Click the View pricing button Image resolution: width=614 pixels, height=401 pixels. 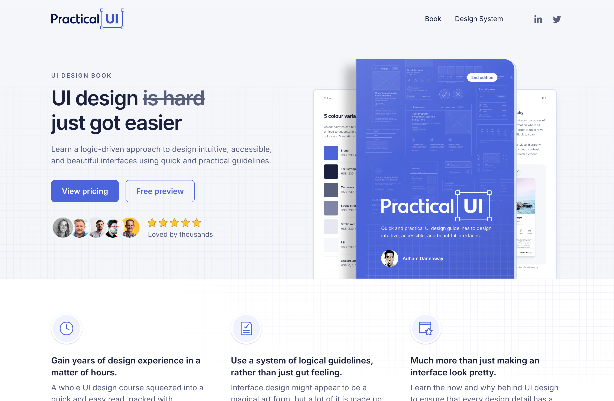(x=85, y=191)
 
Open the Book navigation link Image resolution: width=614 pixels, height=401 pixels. (x=433, y=19)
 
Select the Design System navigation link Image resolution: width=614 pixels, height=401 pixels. (x=479, y=19)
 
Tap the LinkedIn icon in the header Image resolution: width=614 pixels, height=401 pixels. (x=538, y=19)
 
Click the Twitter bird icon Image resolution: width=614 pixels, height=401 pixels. (x=557, y=19)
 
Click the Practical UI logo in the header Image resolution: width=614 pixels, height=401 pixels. (x=87, y=19)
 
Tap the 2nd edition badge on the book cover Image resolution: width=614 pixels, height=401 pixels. (x=482, y=77)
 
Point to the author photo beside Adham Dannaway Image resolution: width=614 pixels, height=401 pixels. (x=390, y=258)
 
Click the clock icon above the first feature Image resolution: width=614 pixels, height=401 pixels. (x=67, y=328)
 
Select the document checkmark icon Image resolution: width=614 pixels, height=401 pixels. (x=246, y=328)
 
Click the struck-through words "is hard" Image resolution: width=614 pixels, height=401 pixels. (x=174, y=99)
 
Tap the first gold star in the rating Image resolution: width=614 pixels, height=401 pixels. (x=152, y=223)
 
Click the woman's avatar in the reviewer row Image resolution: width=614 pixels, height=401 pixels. (x=63, y=228)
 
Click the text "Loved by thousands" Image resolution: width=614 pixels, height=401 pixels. (x=180, y=234)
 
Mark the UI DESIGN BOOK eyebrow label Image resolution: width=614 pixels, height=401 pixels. (x=81, y=76)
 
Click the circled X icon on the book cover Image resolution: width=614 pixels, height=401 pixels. (x=458, y=94)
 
